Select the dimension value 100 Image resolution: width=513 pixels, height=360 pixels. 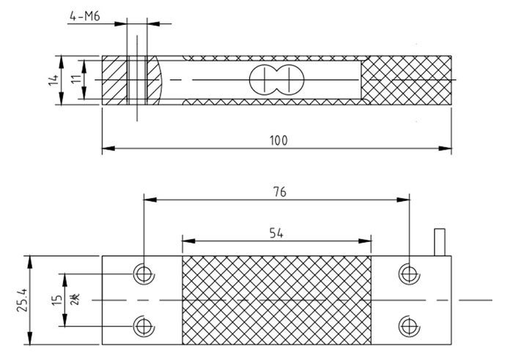[278, 139]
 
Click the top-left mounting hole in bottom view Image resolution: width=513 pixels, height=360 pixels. [142, 273]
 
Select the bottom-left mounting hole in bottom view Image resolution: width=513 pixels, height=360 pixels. [142, 326]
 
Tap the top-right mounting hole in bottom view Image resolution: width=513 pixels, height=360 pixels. [408, 273]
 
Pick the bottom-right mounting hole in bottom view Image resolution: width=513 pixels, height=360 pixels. [408, 326]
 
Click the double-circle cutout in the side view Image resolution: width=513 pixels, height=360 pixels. [273, 79]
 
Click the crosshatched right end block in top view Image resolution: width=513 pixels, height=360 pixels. [407, 79]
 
